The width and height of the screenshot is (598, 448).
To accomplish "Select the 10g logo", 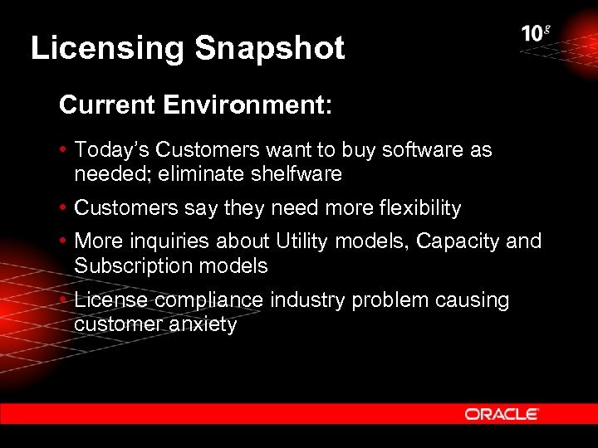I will click(536, 34).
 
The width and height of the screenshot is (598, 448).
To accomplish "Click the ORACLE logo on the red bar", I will click(502, 413).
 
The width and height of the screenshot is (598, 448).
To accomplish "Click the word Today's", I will click(112, 150).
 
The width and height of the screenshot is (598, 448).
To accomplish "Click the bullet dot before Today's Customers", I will click(64, 151).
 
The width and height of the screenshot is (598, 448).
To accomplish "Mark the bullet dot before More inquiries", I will click(64, 242).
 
